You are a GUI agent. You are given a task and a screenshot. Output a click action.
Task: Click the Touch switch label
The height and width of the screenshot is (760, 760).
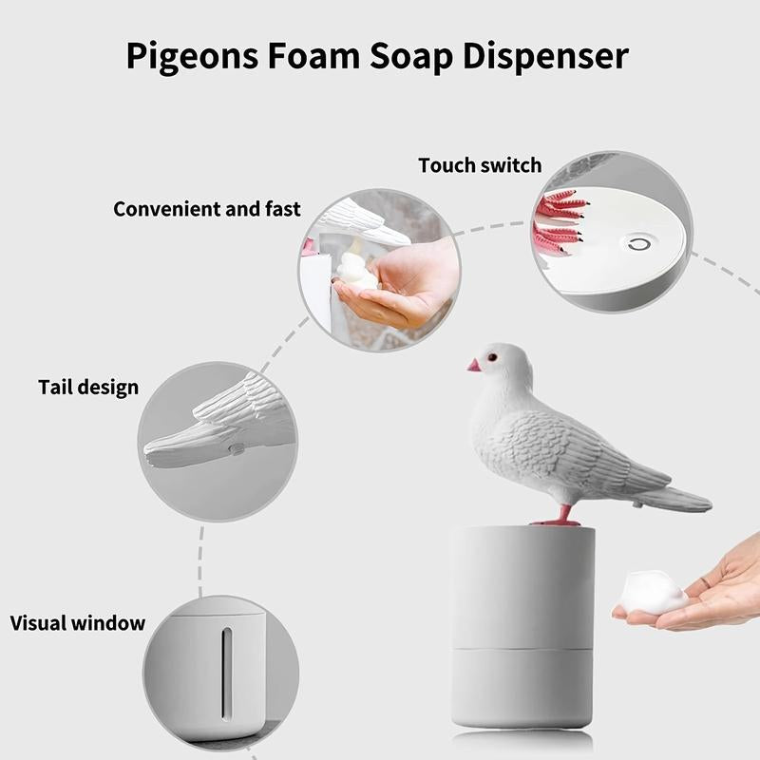(480, 165)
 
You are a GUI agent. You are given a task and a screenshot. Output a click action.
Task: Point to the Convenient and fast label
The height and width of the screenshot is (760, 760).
(207, 208)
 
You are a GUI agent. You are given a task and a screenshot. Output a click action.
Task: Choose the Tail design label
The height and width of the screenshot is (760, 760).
(88, 388)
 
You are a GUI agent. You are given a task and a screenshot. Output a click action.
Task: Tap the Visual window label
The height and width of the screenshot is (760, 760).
(78, 624)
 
